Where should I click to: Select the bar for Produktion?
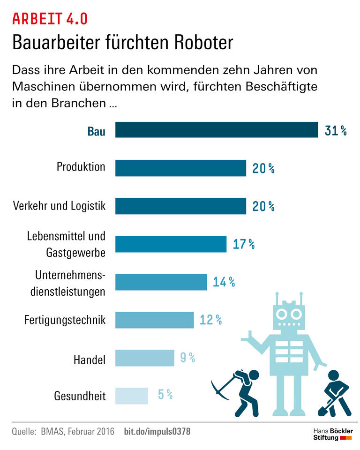click(180, 168)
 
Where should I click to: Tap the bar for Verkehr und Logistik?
click(180, 206)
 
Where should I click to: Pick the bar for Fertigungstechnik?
click(154, 320)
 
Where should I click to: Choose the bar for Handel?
click(144, 358)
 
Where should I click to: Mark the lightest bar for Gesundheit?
click(131, 396)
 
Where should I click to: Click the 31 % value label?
click(336, 130)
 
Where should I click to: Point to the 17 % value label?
click(244, 244)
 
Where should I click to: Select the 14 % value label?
click(224, 282)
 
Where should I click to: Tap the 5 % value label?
click(165, 395)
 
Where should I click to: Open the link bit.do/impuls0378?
click(157, 431)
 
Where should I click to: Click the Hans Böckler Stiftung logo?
click(332, 434)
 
